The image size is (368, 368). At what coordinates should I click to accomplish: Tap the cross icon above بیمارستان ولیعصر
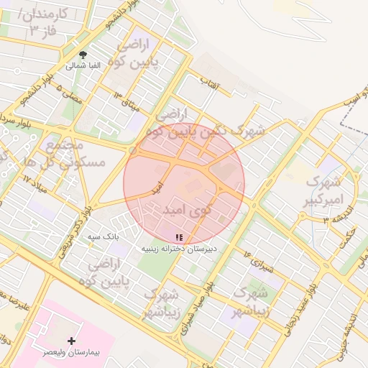71,340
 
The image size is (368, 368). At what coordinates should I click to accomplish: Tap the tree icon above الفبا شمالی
84,55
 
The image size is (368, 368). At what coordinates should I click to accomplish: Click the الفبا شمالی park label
84,65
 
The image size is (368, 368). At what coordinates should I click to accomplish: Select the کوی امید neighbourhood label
186,210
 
